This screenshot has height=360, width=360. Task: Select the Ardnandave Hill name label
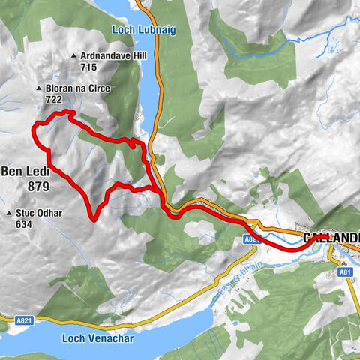click(x=113, y=56)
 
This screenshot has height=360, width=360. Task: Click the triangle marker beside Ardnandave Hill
click(x=73, y=56)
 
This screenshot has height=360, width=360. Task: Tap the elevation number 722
click(x=55, y=100)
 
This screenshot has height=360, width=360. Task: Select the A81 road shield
click(x=344, y=273)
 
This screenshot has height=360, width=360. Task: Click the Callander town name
click(x=331, y=238)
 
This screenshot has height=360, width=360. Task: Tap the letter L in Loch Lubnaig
click(x=115, y=31)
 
